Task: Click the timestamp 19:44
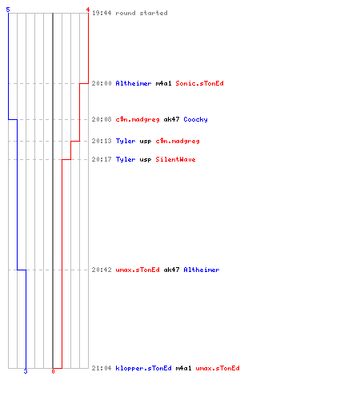pos(102,13)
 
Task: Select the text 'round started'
pos(142,13)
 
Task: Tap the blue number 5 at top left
pos(8,10)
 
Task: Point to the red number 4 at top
pos(87,10)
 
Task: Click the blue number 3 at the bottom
pos(26,371)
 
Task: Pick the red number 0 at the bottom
pos(53,371)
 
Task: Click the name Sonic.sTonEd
pos(199,83)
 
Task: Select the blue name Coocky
pos(195,119)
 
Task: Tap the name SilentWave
pos(175,159)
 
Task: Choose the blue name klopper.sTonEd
pos(143,368)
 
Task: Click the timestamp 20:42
pos(102,270)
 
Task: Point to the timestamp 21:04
pos(102,368)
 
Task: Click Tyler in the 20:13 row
pos(126,141)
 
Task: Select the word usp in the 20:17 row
pos(146,160)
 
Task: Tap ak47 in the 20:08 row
pos(171,119)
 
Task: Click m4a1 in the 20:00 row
pos(163,83)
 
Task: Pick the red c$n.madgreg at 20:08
pos(138,119)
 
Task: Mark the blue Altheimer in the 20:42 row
pos(202,270)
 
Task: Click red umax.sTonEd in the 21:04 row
pos(218,368)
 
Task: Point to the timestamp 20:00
pos(102,83)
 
